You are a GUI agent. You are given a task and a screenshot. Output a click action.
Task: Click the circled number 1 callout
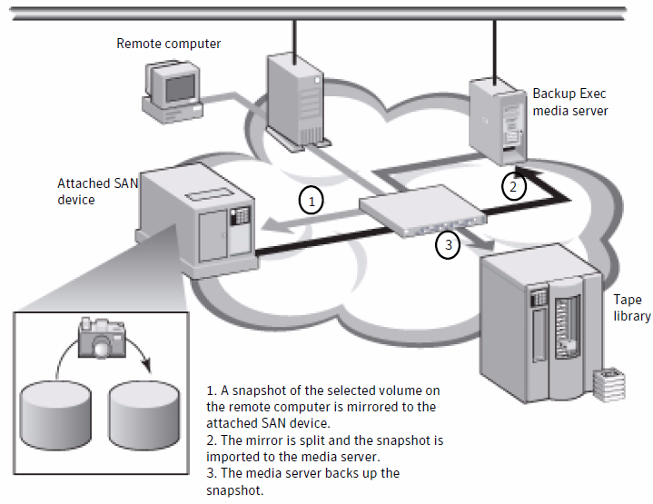312,198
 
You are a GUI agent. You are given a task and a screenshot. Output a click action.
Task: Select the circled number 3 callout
447,243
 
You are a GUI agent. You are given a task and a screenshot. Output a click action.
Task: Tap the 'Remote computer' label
168,43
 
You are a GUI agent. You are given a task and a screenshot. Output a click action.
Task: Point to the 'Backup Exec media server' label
569,102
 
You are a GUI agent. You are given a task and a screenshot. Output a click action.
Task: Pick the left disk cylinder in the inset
56,405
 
